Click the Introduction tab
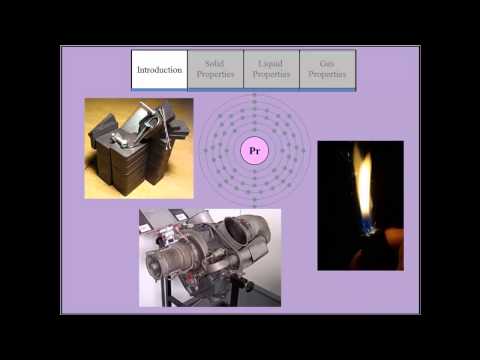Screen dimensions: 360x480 coord(159,70)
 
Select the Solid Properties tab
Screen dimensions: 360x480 coord(215,70)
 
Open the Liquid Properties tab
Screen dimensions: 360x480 coord(271,70)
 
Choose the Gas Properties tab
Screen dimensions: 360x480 coord(327,70)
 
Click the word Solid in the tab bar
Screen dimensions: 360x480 coord(215,64)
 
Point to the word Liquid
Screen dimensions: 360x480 coord(271,64)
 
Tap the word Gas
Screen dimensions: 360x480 coord(327,64)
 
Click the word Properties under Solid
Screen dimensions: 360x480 coord(215,75)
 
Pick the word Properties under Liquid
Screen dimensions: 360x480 coord(271,75)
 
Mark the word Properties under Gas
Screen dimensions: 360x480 coord(327,75)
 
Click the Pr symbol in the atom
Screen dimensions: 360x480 coord(254,152)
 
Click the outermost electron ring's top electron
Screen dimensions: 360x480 coord(254,96)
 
